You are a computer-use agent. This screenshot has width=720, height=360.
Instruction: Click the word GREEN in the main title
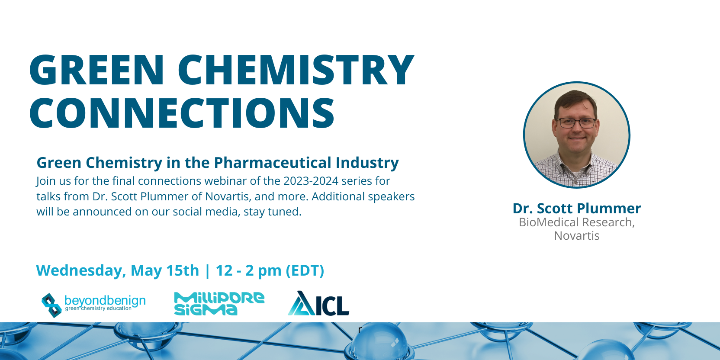pyautogui.click(x=97, y=70)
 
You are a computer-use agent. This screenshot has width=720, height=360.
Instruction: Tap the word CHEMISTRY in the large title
pyautogui.click(x=296, y=70)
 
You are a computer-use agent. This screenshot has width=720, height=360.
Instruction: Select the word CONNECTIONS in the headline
pyautogui.click(x=182, y=113)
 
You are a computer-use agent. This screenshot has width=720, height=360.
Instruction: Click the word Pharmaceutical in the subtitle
pyautogui.click(x=273, y=163)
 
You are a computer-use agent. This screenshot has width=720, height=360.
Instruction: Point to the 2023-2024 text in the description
pyautogui.click(x=311, y=181)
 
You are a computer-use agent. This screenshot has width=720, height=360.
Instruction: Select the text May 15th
pyautogui.click(x=165, y=270)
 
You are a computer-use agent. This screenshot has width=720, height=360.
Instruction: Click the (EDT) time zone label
pyautogui.click(x=305, y=270)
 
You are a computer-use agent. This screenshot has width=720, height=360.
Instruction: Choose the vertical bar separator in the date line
pyautogui.click(x=207, y=270)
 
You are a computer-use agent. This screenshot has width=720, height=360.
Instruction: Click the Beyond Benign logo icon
pyautogui.click(x=51, y=305)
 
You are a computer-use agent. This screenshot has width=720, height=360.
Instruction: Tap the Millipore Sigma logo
pyautogui.click(x=219, y=303)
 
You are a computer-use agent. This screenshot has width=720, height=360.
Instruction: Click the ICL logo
pyautogui.click(x=318, y=303)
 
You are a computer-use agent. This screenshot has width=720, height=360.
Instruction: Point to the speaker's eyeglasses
pyautogui.click(x=577, y=123)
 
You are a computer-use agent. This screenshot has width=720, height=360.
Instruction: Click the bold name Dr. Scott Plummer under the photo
pyautogui.click(x=577, y=208)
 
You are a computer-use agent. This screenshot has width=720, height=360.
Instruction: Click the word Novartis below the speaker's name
pyautogui.click(x=577, y=236)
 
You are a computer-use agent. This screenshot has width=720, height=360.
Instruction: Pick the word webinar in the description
pyautogui.click(x=225, y=181)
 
